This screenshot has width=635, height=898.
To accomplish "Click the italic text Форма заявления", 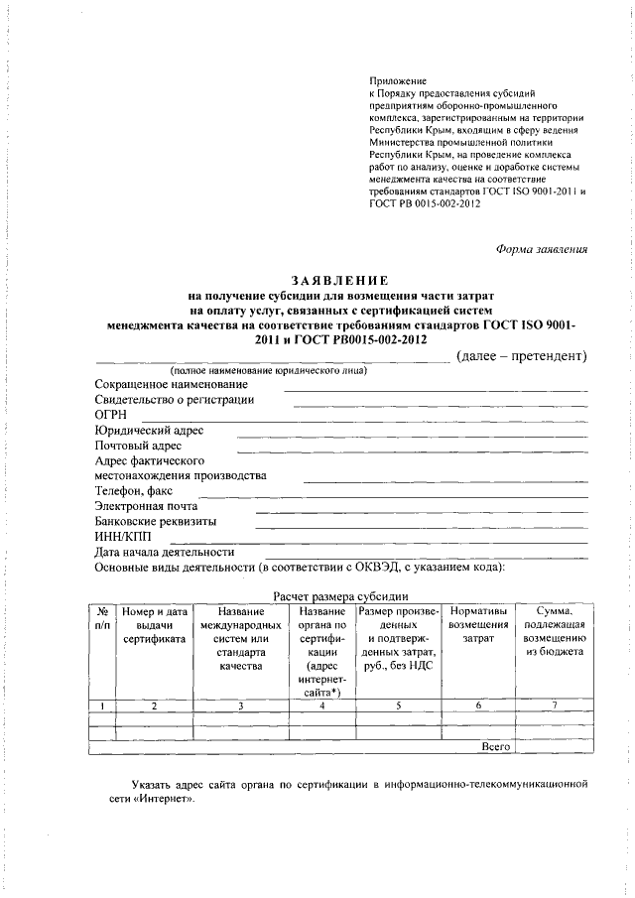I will pos(542,249).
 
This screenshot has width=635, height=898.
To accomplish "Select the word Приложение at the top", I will pos(397,78).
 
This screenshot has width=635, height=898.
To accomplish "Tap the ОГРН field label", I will pos(111,415).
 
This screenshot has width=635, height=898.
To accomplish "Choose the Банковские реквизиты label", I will pos(156,522).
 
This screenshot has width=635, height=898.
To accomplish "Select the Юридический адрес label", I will pos(149,431).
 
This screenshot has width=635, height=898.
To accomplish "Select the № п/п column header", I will pos(101,618).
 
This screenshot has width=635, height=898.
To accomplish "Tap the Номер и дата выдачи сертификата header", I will pos(154,625).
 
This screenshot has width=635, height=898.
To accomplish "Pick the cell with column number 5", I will pos(397,706).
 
